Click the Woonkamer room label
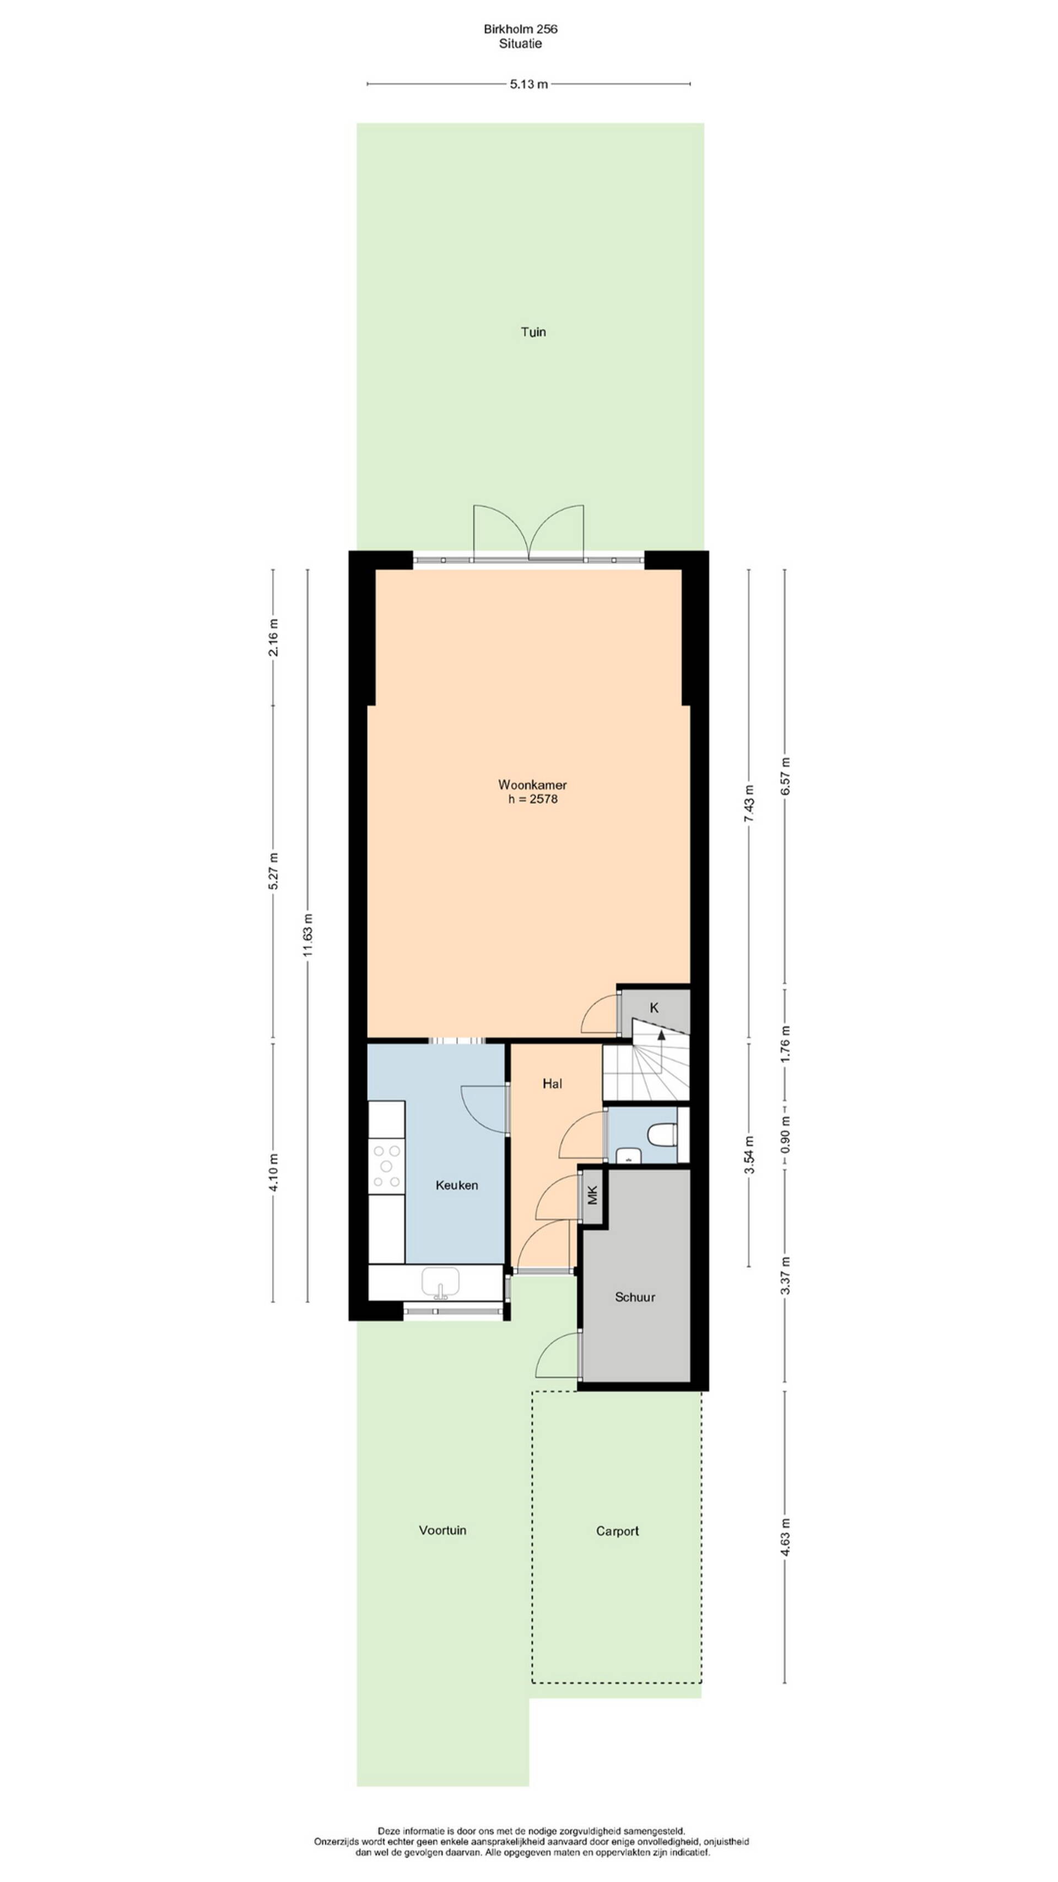pyautogui.click(x=532, y=785)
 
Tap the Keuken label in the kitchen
pyautogui.click(x=456, y=1185)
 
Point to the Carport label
pyautogui.click(x=617, y=1531)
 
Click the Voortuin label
pyautogui.click(x=442, y=1530)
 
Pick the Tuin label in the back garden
pyautogui.click(x=533, y=332)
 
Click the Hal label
pyautogui.click(x=552, y=1084)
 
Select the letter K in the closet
pyautogui.click(x=654, y=1007)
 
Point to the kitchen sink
pyautogui.click(x=440, y=1283)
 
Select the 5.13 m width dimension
pyautogui.click(x=528, y=84)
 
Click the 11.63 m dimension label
pyautogui.click(x=307, y=935)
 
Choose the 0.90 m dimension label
pyautogui.click(x=786, y=1135)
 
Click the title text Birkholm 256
pyautogui.click(x=521, y=29)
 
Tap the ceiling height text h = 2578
pyautogui.click(x=533, y=798)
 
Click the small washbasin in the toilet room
pyautogui.click(x=627, y=1155)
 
